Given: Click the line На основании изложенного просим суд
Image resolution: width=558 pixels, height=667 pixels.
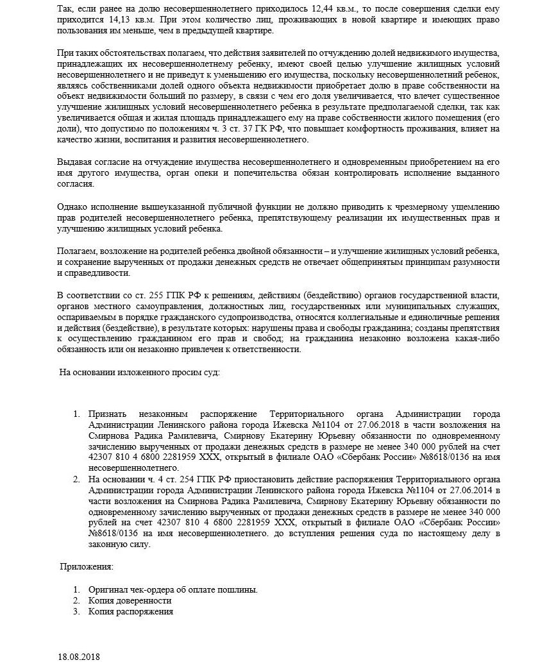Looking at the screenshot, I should coord(139,372).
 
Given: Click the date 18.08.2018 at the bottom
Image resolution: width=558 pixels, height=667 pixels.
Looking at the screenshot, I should coord(79,657).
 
